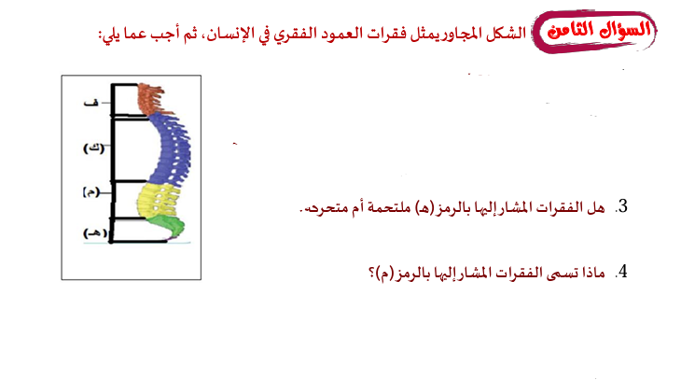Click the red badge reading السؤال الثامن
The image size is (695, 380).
594,31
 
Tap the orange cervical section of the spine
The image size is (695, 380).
150,99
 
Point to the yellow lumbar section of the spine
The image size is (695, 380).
158,201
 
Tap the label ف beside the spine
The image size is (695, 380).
90,103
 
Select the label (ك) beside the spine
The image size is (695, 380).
94,148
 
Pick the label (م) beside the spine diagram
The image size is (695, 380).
90,192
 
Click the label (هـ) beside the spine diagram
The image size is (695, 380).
95,232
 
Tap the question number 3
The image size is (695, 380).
623,206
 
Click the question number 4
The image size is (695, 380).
623,272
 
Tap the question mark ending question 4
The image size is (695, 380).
372,274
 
